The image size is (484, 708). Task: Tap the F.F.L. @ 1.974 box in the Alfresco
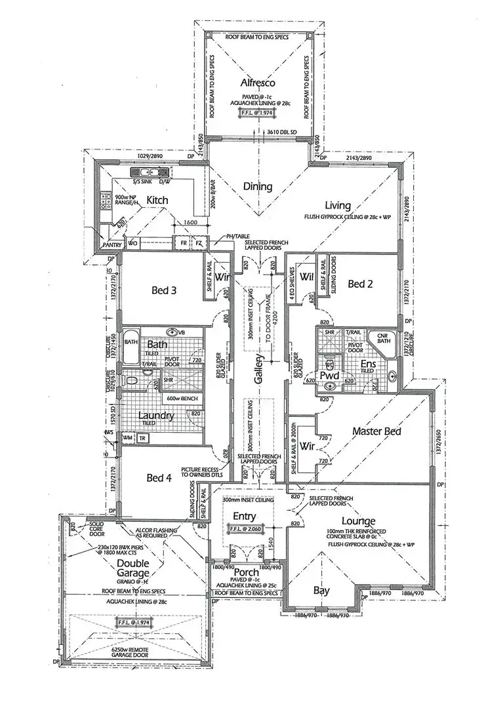pyautogui.click(x=256, y=112)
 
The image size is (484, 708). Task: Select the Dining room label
pyautogui.click(x=258, y=187)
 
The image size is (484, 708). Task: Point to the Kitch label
pyautogui.click(x=157, y=200)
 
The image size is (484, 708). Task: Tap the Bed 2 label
pyautogui.click(x=360, y=284)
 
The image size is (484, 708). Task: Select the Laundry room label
pyautogui.click(x=155, y=416)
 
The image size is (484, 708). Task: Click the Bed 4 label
pyautogui.click(x=159, y=478)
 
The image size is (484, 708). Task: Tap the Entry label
pyautogui.click(x=244, y=517)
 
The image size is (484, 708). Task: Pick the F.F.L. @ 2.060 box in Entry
pyautogui.click(x=244, y=528)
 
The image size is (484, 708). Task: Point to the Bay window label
pyautogui.click(x=321, y=591)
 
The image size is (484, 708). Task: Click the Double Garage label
pyautogui.click(x=133, y=569)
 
